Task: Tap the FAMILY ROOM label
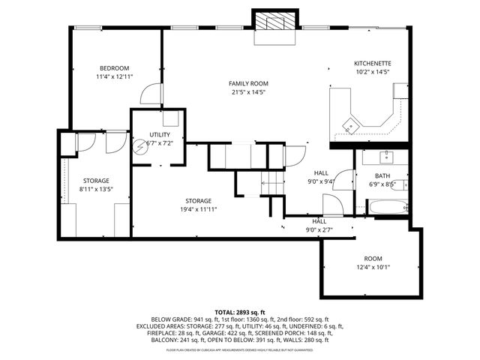248,83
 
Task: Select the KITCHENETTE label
373,64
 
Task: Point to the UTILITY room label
160,134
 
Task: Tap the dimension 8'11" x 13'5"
96,190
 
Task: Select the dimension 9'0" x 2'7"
319,230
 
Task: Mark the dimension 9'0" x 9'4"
321,181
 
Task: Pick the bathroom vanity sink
385,157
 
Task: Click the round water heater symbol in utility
139,147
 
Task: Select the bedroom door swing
151,93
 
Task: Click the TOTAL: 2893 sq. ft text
240,312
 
